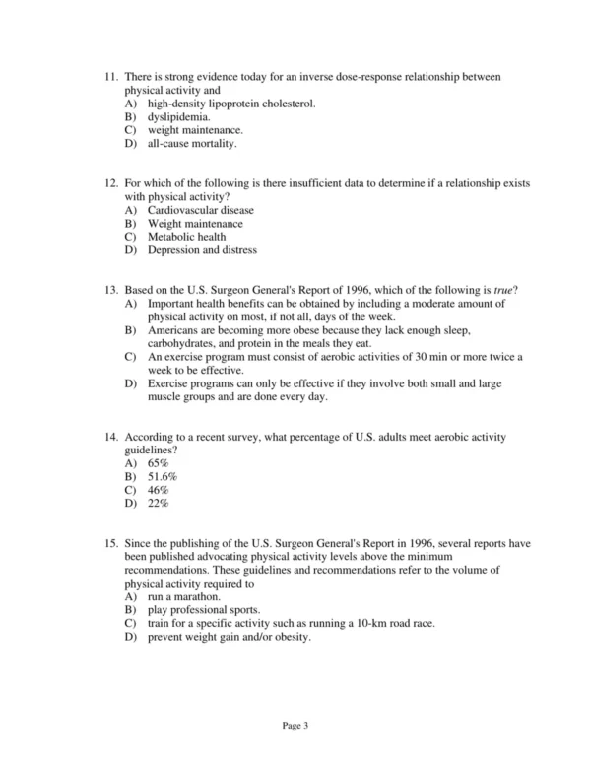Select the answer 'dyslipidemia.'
[x=179, y=116]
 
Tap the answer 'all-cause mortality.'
[x=193, y=143]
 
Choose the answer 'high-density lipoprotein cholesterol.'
[x=231, y=104]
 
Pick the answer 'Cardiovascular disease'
[x=201, y=211]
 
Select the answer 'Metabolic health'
[x=187, y=237]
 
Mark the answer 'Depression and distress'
[x=203, y=250]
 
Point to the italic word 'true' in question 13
[x=507, y=291]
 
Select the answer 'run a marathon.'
[x=184, y=597]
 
